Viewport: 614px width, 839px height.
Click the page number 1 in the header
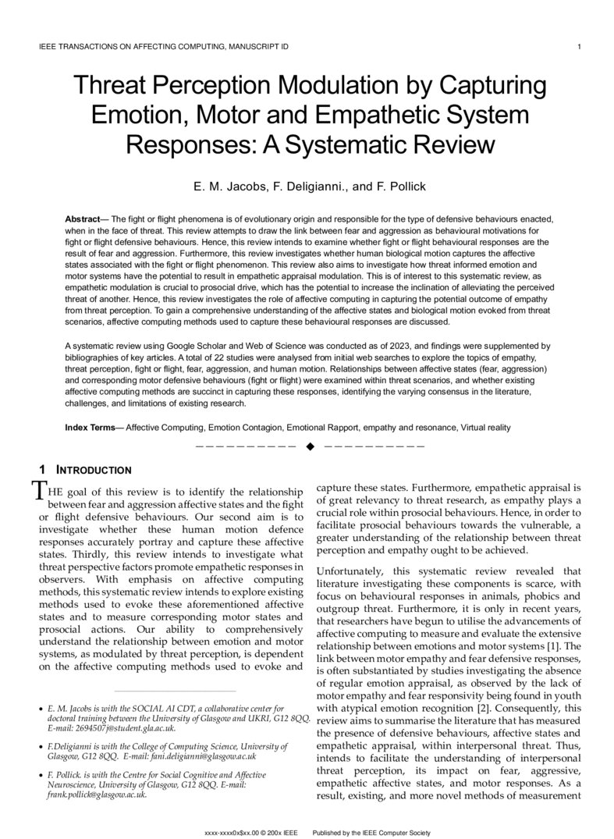[x=578, y=47]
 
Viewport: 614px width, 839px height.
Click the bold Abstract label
[x=82, y=219]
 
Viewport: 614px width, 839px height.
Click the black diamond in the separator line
[x=310, y=446]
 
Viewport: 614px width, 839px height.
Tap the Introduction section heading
[x=94, y=470]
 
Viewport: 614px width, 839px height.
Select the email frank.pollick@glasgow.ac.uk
[x=97, y=795]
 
